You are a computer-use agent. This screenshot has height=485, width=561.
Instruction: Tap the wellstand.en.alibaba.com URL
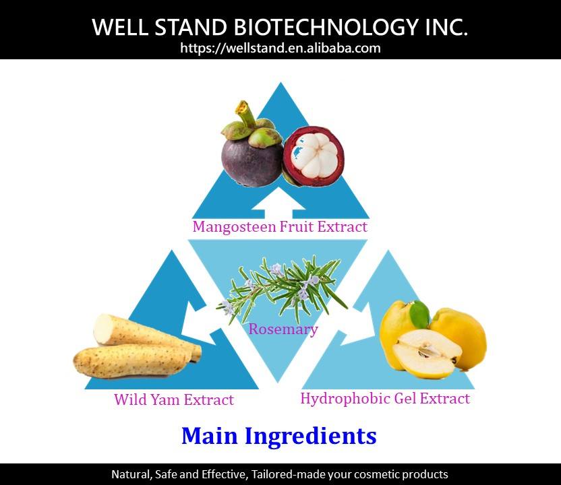pos(280,48)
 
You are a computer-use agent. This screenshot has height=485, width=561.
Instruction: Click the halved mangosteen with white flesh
pos(313,160)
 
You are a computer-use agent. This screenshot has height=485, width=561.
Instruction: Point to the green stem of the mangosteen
pos(243,115)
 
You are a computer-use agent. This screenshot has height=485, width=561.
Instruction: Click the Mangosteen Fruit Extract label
pos(280,226)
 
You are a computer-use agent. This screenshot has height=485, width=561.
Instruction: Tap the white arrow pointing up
pos(280,201)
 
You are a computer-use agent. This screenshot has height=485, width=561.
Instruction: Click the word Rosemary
pos(283,329)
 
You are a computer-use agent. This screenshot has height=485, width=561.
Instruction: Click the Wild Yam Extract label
pos(174,400)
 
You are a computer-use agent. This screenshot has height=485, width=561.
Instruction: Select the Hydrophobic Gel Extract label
pos(384,398)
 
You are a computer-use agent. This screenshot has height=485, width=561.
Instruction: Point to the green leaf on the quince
pos(419,312)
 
